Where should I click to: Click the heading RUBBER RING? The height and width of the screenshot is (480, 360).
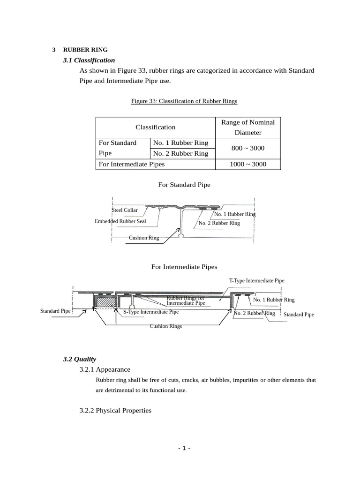(85, 50)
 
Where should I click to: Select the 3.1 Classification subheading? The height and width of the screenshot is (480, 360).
(89, 60)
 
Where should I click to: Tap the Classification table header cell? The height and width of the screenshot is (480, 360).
(155, 127)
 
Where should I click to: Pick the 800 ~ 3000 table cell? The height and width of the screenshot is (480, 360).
(248, 148)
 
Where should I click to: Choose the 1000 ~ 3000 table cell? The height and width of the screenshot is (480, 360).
(248, 164)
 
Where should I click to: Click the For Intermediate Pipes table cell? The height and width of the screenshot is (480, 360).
(131, 164)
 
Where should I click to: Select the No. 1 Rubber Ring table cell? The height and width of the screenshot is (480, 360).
(180, 142)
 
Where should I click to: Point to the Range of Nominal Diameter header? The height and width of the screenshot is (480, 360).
(248, 127)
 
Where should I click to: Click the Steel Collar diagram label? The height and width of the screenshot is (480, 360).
(125, 210)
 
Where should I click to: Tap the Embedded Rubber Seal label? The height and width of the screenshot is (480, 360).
(120, 221)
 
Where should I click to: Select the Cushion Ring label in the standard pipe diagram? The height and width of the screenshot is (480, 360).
(144, 238)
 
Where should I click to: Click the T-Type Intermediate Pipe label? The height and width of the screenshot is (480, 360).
(256, 281)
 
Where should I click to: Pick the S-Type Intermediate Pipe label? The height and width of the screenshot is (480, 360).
(151, 312)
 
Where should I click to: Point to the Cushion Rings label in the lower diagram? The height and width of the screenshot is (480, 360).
(165, 326)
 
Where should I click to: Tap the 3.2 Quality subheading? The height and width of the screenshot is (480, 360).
(79, 359)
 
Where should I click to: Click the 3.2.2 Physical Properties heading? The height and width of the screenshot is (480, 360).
(115, 410)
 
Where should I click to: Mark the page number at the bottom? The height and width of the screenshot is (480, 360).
(184, 449)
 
